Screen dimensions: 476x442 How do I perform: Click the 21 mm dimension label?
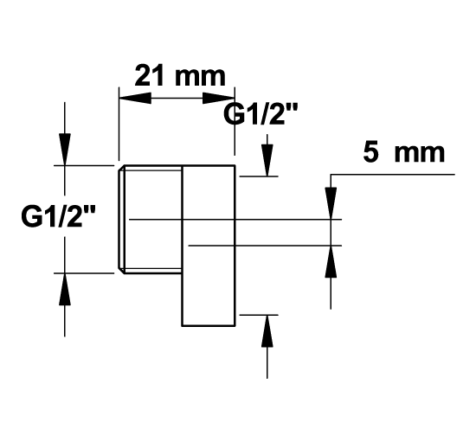pos(180,75)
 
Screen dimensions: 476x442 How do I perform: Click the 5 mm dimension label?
pos(404,152)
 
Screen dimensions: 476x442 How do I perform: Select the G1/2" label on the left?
pos(58,216)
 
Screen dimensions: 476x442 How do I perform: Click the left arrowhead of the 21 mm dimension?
pos(135,98)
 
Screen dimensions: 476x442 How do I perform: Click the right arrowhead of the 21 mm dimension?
pos(219,98)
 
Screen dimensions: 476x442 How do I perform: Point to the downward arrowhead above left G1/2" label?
pos(65,150)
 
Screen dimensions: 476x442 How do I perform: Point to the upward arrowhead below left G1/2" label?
pos(65,289)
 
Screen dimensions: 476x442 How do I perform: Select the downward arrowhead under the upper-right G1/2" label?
pos(267,160)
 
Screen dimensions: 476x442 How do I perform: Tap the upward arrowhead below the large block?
pos(267,331)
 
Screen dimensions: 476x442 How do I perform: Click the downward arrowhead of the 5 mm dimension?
pos(331,203)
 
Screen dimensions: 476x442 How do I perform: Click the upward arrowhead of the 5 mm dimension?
pos(331,261)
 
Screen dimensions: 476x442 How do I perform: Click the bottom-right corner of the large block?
pos(235,326)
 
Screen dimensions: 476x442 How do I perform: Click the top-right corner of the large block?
pos(235,165)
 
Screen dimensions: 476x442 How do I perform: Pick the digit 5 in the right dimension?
pos(371,152)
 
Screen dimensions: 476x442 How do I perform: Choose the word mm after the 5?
pos(420,155)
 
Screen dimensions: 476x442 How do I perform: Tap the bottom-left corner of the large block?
pos(182,326)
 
